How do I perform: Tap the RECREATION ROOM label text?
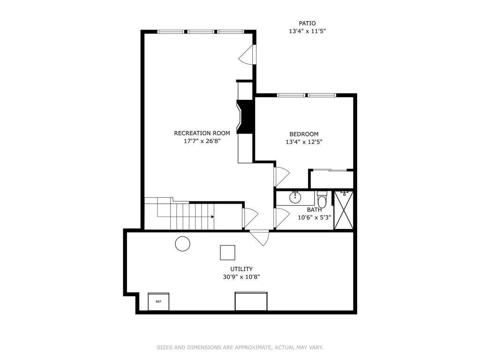point(202,133)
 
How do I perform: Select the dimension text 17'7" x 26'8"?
point(202,141)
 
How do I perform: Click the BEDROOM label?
point(304,134)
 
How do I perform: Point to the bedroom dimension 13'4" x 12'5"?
point(304,142)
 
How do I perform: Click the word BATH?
point(315,210)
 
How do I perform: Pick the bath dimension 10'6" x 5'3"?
point(315,217)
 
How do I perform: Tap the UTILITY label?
point(241,269)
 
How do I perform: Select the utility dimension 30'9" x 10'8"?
point(241,277)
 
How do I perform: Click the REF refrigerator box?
point(158,301)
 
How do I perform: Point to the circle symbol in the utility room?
point(183,244)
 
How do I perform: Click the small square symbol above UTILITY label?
point(227,253)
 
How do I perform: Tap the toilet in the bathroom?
point(322,199)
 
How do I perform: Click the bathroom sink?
point(295,197)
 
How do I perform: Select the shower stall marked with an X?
point(344,210)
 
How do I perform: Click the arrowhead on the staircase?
point(212,217)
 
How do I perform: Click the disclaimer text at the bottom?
point(240,347)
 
